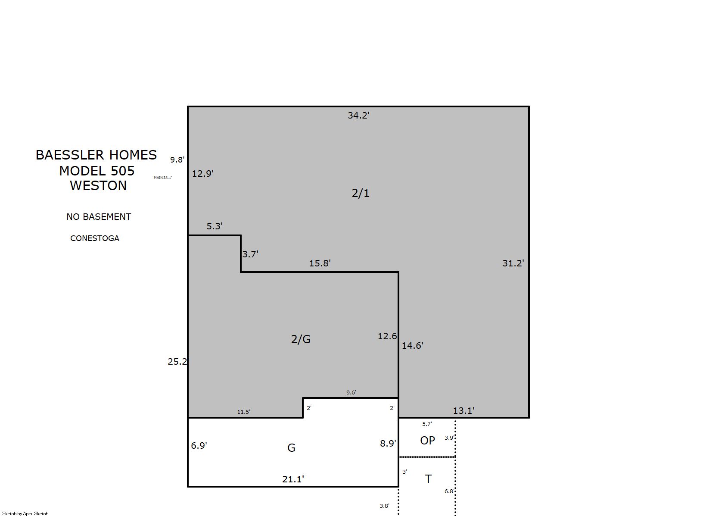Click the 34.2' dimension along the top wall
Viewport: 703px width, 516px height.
tap(358, 115)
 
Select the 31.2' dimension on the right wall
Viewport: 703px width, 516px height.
tap(513, 263)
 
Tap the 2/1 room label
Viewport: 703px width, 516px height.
tap(360, 193)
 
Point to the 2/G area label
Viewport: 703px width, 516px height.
tap(301, 339)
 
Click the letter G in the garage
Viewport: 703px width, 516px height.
tap(291, 448)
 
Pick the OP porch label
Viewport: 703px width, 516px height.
tap(427, 441)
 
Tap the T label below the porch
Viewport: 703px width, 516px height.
tap(428, 479)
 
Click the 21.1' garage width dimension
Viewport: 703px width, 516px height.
tap(293, 479)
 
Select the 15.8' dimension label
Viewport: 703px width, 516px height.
tap(320, 263)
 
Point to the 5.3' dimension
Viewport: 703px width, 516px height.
tap(215, 226)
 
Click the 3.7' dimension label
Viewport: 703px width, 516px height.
tap(250, 254)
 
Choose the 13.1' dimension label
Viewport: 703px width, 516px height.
tap(463, 411)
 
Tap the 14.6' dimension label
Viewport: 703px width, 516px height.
tap(412, 346)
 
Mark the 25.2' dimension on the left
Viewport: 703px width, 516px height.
tap(178, 362)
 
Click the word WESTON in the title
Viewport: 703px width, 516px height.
tap(98, 186)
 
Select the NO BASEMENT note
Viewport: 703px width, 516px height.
tap(99, 217)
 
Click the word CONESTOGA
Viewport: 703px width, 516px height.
tap(95, 238)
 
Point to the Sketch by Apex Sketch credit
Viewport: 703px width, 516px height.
tap(25, 513)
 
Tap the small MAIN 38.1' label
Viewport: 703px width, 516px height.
tap(163, 178)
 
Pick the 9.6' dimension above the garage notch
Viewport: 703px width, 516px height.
tap(351, 393)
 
